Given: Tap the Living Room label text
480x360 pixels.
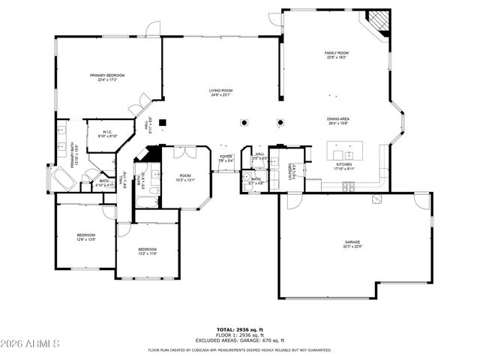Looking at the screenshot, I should (220, 92).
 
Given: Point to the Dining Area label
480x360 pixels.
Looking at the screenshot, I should (337, 121).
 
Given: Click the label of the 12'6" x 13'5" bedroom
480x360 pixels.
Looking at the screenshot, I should (85, 238).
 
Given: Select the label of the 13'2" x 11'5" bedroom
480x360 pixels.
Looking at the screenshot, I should (147, 251).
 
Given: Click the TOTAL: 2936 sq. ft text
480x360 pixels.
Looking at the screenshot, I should (240, 329).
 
